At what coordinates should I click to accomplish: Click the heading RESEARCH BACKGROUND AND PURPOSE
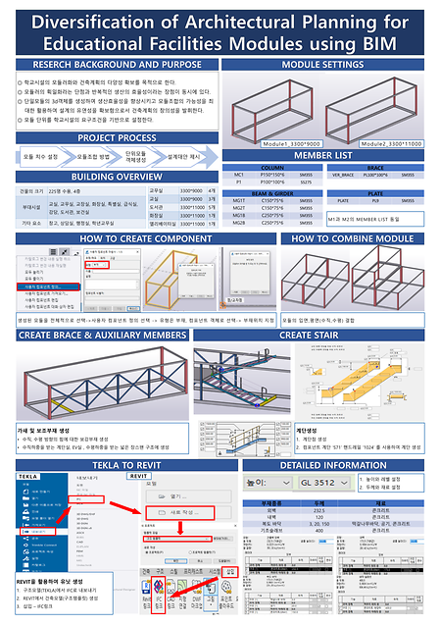coord(110,64)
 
